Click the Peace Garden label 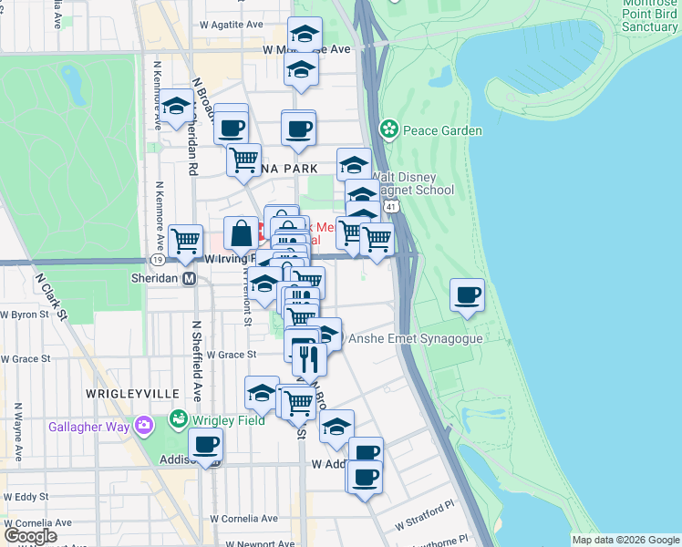click(442, 130)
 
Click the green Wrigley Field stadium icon click(178, 419)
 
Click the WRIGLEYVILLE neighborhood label click(132, 393)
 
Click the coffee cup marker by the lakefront click(468, 294)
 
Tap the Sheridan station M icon click(190, 279)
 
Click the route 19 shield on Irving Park click(159, 260)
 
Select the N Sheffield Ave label click(196, 361)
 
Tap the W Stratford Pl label click(424, 516)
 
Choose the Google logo click(30, 536)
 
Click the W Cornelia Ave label click(242, 518)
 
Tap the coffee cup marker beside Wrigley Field click(206, 445)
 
